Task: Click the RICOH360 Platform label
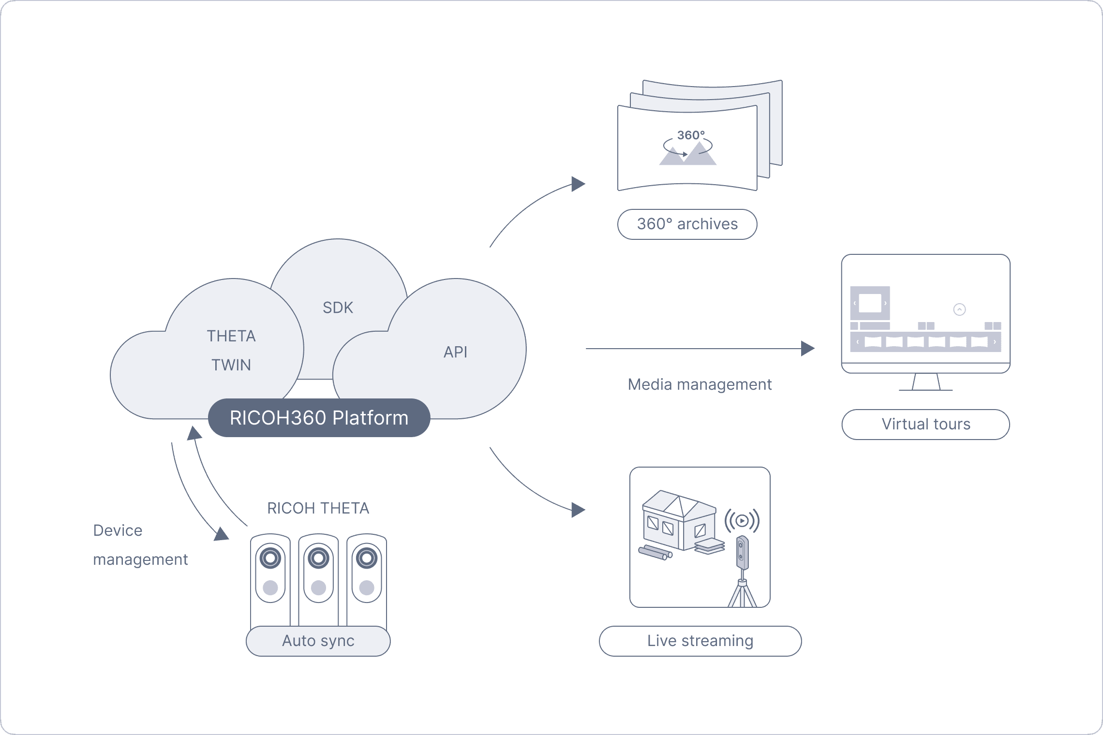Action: click(x=319, y=418)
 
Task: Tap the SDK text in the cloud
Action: click(x=338, y=308)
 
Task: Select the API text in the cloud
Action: click(x=455, y=352)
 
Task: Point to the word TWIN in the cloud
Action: click(x=231, y=365)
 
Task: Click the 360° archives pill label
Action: click(x=687, y=224)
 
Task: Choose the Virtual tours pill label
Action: click(x=925, y=424)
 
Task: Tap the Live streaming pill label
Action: click(x=700, y=641)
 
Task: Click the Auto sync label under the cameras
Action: click(x=318, y=641)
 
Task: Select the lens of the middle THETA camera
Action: click(x=318, y=559)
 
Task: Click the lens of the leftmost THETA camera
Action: click(x=270, y=559)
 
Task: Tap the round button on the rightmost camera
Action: click(x=366, y=588)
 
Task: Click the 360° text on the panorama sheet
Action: click(x=690, y=135)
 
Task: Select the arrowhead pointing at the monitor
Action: click(x=807, y=348)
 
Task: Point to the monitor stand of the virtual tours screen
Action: click(x=926, y=382)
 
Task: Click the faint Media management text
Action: click(x=700, y=384)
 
